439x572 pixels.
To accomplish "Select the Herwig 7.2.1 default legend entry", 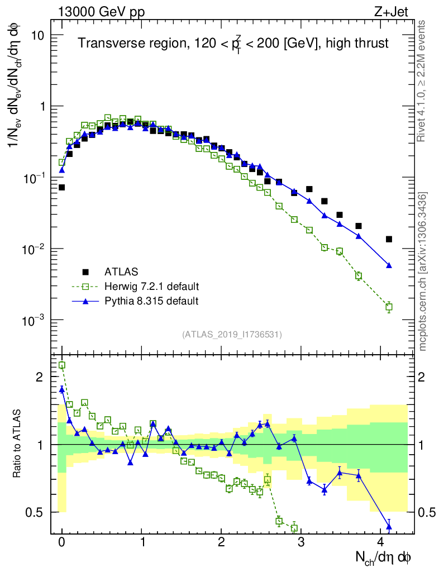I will [x=151, y=287].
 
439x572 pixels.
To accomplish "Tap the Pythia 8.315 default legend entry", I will [x=151, y=301].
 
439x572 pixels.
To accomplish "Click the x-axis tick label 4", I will [x=381, y=542].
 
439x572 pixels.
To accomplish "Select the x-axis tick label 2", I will [x=221, y=542].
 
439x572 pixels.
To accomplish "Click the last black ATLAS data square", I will [x=389, y=239].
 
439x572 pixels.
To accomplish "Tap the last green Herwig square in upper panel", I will [x=389, y=307].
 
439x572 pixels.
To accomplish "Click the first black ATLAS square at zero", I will [x=61, y=187].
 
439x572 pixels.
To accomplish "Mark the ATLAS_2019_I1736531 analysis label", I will [x=232, y=335].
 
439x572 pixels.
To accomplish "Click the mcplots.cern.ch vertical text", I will [x=423, y=271].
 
